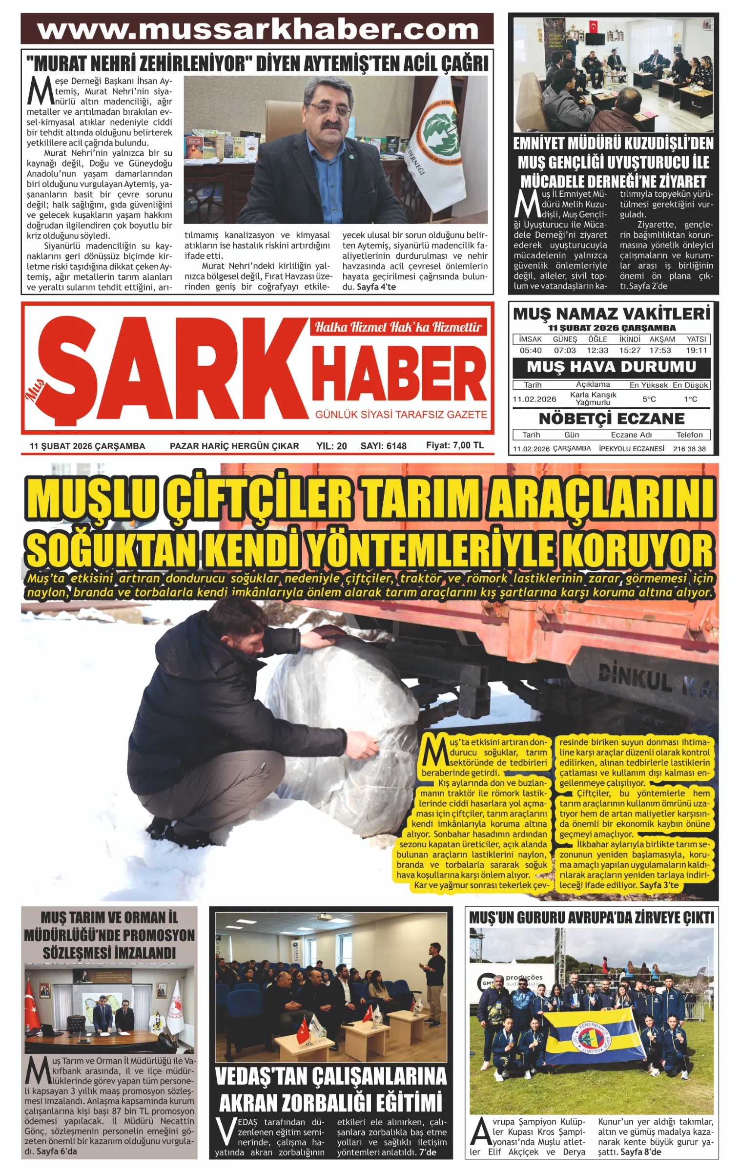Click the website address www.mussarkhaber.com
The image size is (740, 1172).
coord(257,30)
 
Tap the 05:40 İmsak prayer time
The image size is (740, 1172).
coord(530,350)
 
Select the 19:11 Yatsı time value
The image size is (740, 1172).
coord(696,350)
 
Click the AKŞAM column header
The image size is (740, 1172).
coord(662,339)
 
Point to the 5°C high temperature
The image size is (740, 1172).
coord(649,399)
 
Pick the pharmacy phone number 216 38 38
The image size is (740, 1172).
coord(689,449)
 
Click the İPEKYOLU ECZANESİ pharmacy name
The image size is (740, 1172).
coord(631,448)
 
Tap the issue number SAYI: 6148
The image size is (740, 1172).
coord(383,446)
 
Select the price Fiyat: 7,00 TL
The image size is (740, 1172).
coord(455,445)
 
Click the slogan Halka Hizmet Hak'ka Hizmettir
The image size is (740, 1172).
coord(398,327)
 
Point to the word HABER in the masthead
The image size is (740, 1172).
coord(399,374)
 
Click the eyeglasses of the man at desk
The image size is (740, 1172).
coord(330,109)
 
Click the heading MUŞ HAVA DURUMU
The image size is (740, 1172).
coord(611,367)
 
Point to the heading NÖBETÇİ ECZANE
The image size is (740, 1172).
coord(611,419)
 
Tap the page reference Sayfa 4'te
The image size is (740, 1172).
coord(376,287)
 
